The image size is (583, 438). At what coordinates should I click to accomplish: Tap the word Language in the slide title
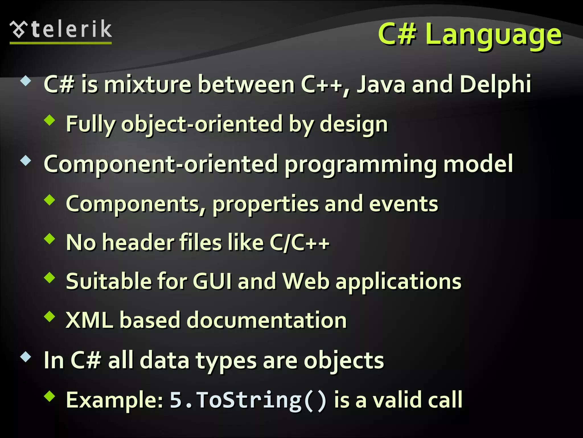[x=493, y=35]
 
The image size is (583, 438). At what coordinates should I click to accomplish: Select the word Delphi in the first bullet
[x=495, y=84]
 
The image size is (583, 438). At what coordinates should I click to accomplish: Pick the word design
[x=354, y=124]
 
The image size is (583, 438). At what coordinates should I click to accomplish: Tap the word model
[x=478, y=164]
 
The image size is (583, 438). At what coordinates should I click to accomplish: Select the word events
[x=403, y=204]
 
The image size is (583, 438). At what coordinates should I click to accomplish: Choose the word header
[x=138, y=243]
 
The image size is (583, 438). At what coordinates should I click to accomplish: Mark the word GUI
[x=212, y=281]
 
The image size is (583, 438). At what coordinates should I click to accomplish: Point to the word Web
[x=306, y=281]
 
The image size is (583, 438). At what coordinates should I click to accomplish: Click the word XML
[x=89, y=320]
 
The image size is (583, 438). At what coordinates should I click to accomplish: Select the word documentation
[x=266, y=320]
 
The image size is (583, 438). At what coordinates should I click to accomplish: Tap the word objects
[x=344, y=360]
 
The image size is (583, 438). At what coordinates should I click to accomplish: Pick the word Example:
[x=115, y=400]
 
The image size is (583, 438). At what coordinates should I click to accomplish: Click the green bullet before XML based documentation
[x=50, y=316]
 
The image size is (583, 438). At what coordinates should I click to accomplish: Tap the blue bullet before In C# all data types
[x=26, y=357]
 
